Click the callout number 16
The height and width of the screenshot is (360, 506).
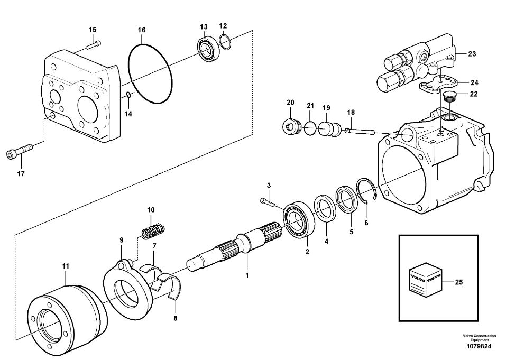142,31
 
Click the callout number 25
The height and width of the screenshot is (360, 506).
459,282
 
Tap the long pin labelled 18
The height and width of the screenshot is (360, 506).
360,130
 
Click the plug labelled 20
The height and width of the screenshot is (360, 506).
291,126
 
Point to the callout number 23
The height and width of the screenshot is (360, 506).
472,53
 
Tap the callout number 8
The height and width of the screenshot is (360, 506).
175,318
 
